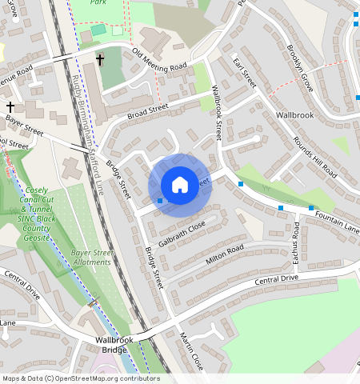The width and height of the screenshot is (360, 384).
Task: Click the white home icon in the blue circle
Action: tap(180, 184)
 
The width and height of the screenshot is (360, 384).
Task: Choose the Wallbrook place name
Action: tap(294, 115)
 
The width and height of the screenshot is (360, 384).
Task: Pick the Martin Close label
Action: tap(192, 349)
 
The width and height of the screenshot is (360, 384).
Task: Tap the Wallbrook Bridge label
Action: tap(111, 345)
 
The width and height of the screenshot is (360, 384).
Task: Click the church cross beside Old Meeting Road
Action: tap(101, 59)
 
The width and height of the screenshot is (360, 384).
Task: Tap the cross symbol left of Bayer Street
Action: tap(10, 106)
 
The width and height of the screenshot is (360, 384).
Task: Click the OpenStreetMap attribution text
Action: tap(81, 378)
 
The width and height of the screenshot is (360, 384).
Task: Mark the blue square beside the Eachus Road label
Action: tap(281, 209)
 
